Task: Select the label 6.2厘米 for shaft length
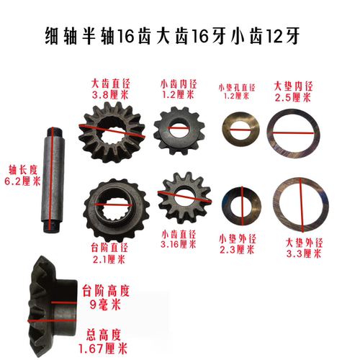point(19,183)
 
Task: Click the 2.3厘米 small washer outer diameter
point(237,251)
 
